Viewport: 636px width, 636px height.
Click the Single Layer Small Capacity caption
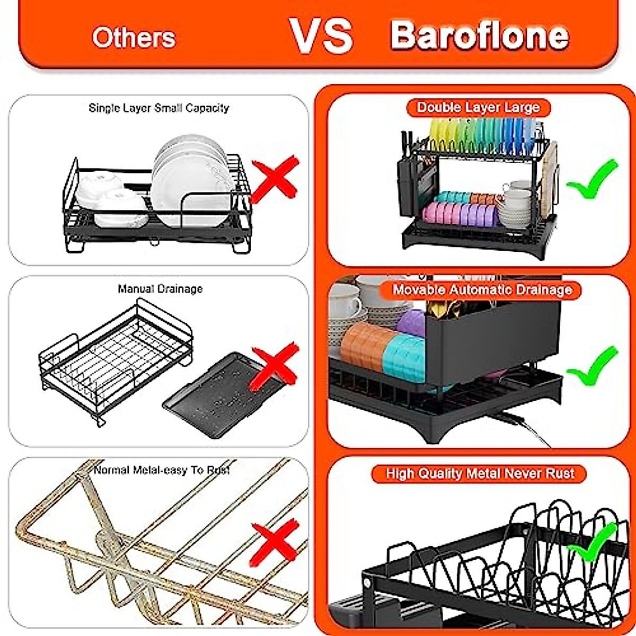[x=159, y=108]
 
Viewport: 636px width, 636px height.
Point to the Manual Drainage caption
[x=160, y=289]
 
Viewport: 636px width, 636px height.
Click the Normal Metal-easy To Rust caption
[x=162, y=470]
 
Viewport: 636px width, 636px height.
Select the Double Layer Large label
[x=478, y=108]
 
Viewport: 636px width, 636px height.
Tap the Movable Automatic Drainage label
[x=482, y=289]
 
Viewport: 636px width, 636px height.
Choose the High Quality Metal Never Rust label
[x=480, y=473]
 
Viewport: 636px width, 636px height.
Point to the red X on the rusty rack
[x=275, y=541]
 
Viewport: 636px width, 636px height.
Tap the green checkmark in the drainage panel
[x=592, y=366]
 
